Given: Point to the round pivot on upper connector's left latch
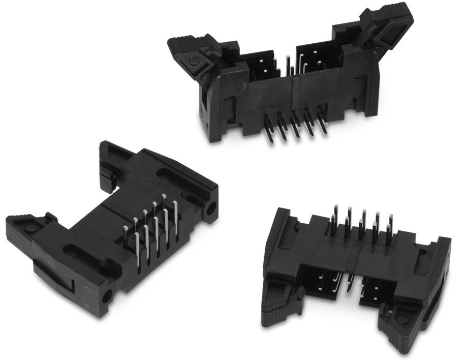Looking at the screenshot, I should pos(195,62).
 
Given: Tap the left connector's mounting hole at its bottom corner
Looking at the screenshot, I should pos(107,295).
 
